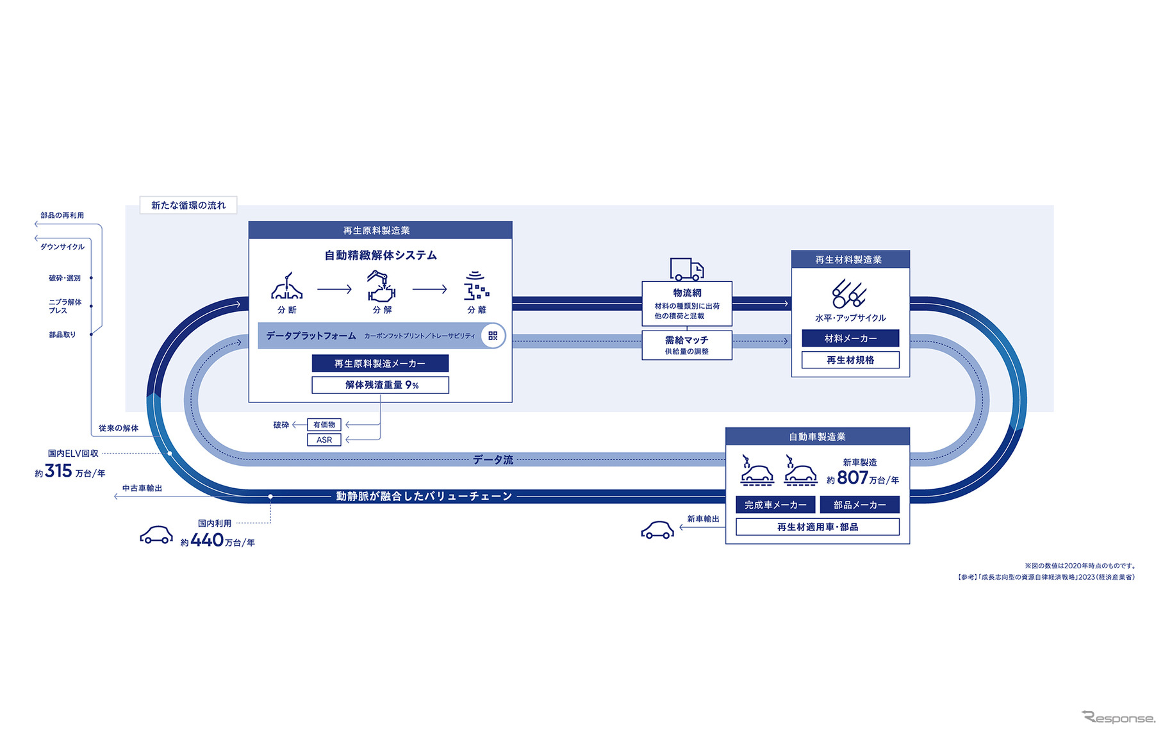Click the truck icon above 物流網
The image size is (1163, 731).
[686, 269]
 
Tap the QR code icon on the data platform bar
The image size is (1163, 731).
[493, 336]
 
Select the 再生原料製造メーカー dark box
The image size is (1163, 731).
[380, 363]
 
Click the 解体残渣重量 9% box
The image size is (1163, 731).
[380, 385]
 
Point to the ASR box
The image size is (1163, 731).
[324, 440]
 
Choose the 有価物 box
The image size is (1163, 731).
[324, 425]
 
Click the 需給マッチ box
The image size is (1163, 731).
[686, 345]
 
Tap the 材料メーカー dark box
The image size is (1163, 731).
[850, 338]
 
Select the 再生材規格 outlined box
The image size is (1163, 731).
[850, 360]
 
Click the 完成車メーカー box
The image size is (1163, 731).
[775, 505]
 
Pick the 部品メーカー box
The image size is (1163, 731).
[859, 505]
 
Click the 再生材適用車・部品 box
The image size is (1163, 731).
[817, 527]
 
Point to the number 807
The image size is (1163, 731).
[852, 478]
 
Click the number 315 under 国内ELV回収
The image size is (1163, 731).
[58, 472]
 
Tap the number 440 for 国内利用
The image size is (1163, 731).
[207, 541]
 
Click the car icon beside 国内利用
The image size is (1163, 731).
[156, 535]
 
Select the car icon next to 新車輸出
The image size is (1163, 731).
[657, 530]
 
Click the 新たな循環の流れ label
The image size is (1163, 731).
[188, 205]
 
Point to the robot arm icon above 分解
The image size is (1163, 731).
[381, 286]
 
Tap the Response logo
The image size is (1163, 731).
[1118, 718]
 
